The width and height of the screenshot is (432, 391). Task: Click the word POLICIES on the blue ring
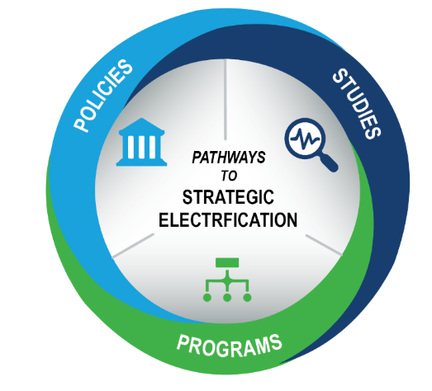[x=103, y=95]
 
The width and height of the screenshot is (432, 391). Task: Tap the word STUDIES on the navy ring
[x=357, y=104]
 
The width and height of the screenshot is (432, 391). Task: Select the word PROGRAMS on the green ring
[x=230, y=346]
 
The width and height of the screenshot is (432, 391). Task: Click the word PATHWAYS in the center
[x=229, y=158]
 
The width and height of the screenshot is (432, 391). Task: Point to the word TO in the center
[x=230, y=176]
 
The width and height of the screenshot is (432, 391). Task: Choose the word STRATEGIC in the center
[x=228, y=197]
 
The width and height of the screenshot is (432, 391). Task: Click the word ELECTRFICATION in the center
[x=228, y=220]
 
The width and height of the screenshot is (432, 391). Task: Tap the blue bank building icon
[x=141, y=142]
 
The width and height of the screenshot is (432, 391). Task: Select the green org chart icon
[x=227, y=280]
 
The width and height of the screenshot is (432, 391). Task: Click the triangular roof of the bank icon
[x=141, y=126]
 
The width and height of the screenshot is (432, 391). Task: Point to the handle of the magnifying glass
[x=328, y=163]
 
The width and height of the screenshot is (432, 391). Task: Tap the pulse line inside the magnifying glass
[x=306, y=137]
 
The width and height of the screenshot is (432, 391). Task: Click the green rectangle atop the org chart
[x=227, y=262]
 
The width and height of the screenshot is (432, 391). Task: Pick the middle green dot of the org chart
[x=227, y=298]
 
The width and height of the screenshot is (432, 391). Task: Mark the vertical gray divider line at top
[x=225, y=99]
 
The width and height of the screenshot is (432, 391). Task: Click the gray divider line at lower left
[x=133, y=246]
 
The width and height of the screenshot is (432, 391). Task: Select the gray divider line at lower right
[x=324, y=245]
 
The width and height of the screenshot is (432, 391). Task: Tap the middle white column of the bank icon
[x=141, y=147]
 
